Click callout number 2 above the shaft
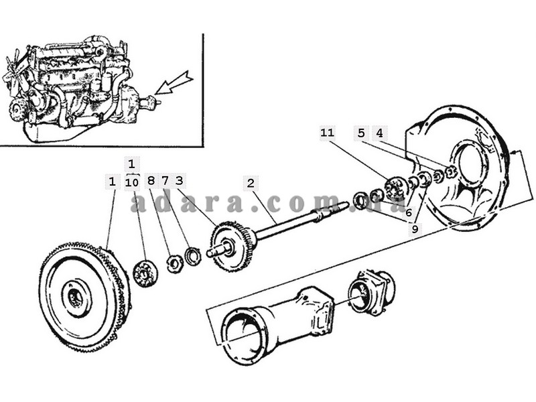click(251, 184)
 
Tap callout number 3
click(180, 181)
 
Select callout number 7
click(165, 181)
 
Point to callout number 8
click(151, 181)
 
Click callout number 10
click(132, 182)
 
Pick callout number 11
click(327, 133)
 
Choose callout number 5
click(361, 133)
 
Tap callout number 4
click(379, 133)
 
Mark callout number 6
click(409, 212)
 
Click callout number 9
click(415, 228)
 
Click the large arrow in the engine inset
click(173, 83)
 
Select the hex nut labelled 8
click(174, 263)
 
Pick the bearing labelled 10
click(145, 273)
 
